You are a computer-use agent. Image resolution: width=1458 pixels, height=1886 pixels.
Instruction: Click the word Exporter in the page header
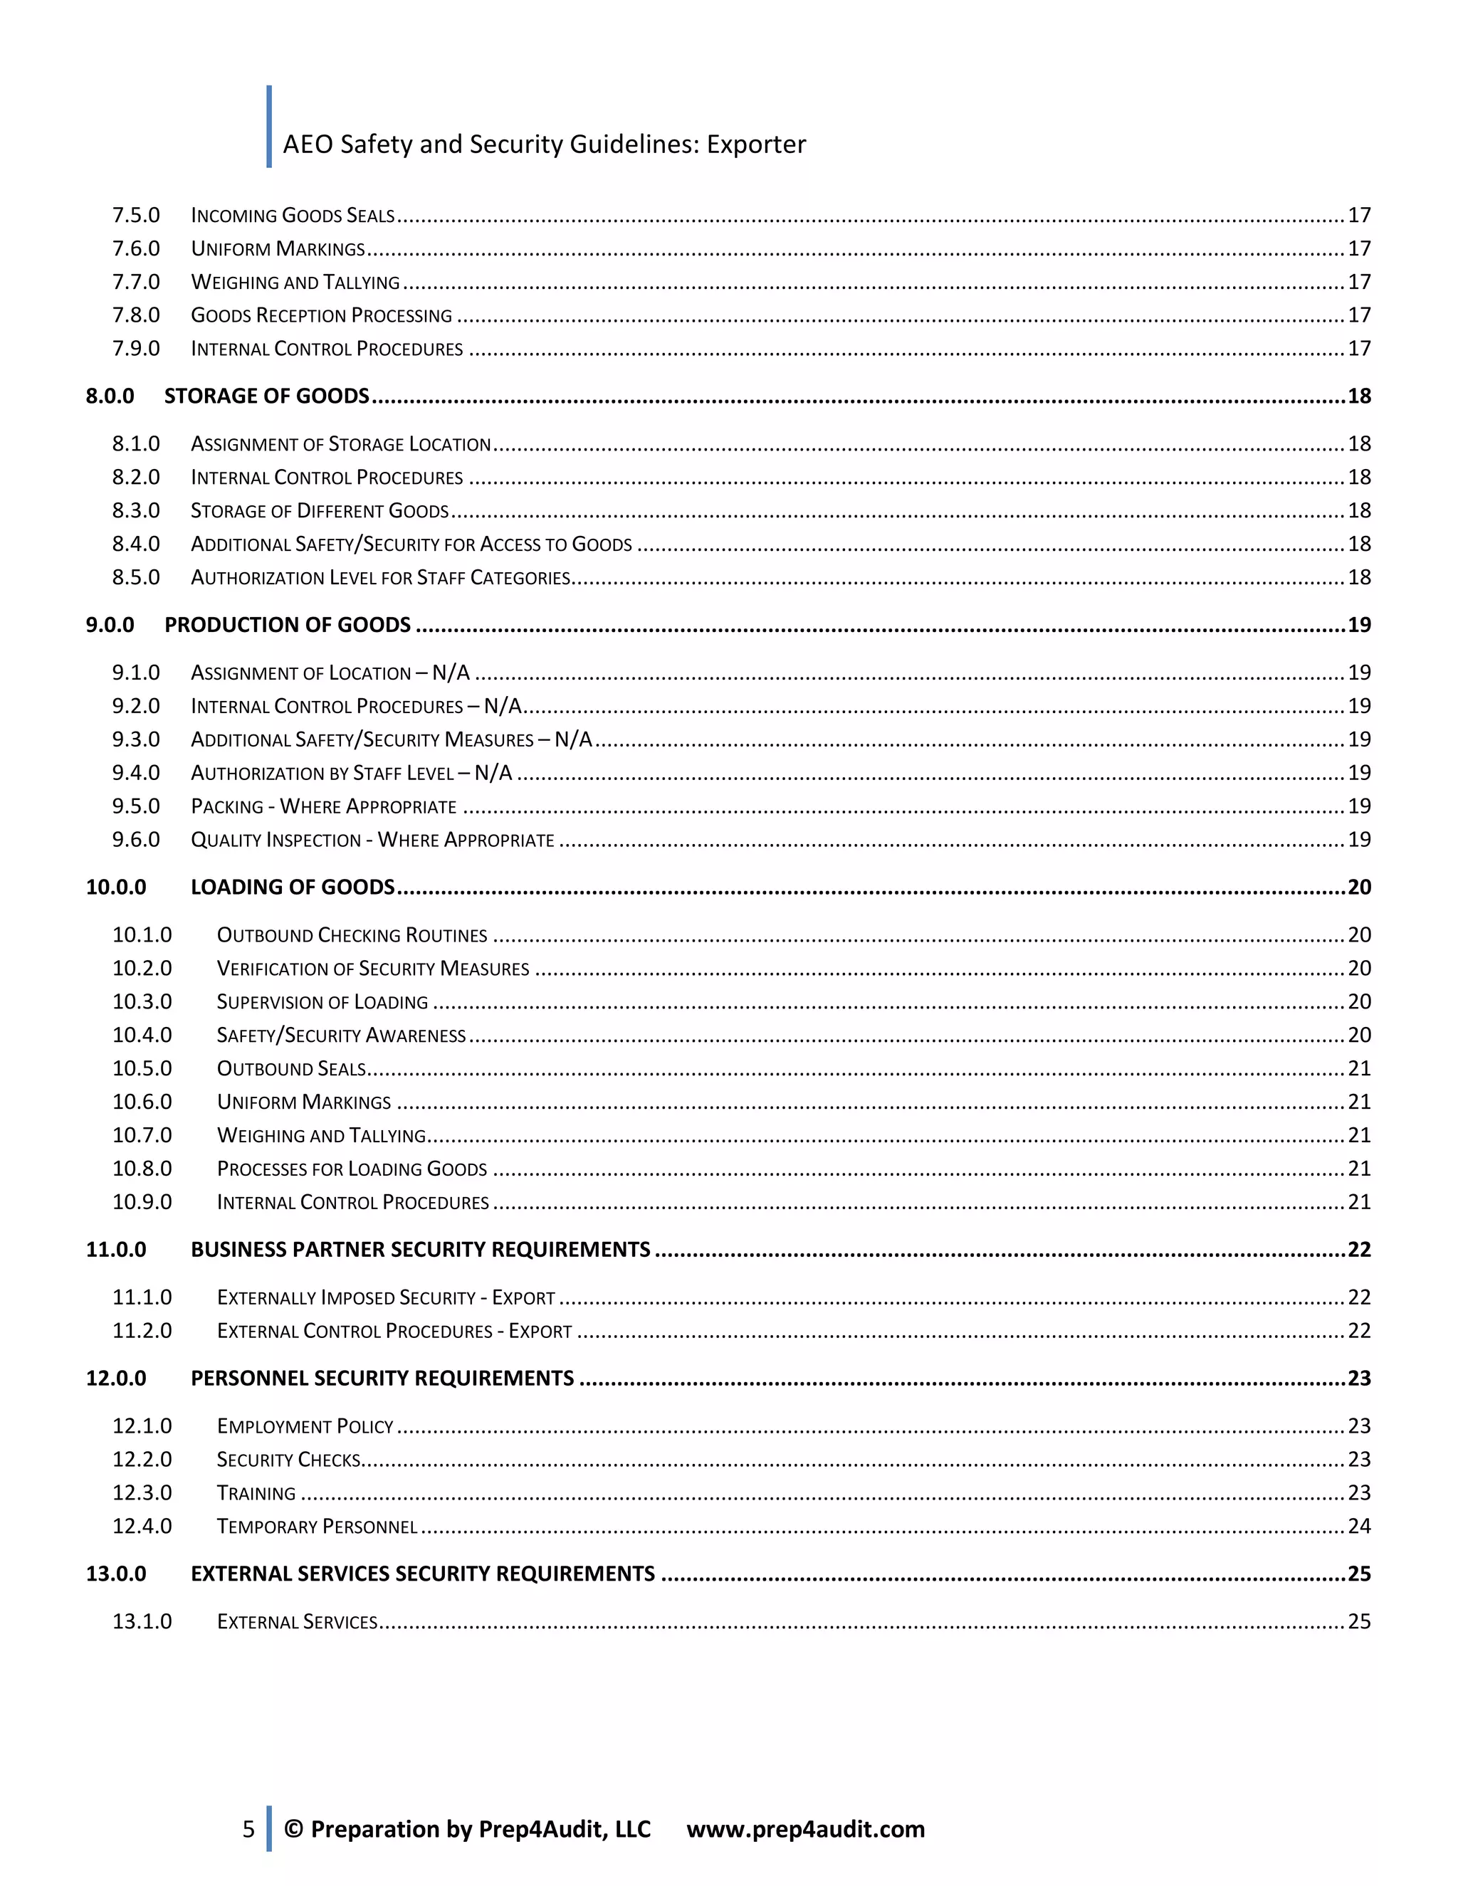[756, 144]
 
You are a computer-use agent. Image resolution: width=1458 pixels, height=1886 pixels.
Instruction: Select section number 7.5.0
[135, 215]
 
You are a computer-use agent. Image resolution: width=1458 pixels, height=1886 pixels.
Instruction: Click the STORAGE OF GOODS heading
[267, 396]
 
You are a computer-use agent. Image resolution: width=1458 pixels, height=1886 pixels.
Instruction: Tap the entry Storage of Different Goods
[320, 511]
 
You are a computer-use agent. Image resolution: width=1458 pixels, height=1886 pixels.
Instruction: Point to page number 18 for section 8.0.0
[1358, 396]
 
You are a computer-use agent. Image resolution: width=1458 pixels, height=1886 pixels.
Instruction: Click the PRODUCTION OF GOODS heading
[288, 625]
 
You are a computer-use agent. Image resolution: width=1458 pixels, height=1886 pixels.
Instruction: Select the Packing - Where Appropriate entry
[323, 806]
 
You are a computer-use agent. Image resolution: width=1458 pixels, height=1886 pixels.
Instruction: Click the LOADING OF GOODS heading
[292, 887]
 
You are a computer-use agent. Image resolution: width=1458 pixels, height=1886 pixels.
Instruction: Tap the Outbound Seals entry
[291, 1069]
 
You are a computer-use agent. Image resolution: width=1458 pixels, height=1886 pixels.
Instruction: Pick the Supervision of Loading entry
[322, 1003]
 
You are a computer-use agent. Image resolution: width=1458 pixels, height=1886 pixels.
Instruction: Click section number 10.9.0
[142, 1203]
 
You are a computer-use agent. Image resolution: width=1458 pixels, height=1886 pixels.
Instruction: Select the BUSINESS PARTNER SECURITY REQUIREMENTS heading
[420, 1250]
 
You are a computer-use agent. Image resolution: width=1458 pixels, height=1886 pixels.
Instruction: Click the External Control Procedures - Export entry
[394, 1332]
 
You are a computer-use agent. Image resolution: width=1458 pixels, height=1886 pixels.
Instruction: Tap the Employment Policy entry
[305, 1426]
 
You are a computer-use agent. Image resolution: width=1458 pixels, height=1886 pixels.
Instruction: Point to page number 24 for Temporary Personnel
[1358, 1527]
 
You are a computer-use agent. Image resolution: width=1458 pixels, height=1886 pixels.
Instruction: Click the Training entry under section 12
[256, 1494]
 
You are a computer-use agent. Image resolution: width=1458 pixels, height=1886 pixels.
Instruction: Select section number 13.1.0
[142, 1622]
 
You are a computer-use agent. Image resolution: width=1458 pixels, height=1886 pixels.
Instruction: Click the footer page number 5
[248, 1829]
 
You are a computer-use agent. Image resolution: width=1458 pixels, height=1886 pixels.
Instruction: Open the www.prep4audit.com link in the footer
[805, 1829]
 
